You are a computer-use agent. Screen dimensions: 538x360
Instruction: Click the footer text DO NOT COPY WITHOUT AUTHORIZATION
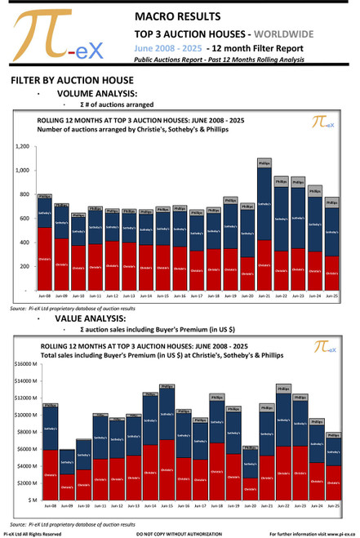(x=180, y=533)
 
